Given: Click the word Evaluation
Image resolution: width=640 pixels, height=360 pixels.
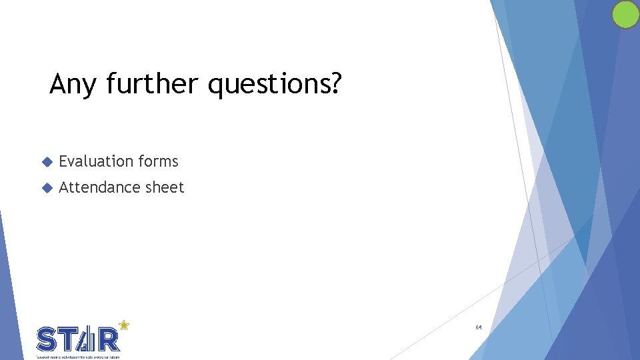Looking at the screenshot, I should [x=96, y=161].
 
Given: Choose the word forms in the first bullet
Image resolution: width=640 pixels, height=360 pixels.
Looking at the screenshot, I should [x=158, y=161].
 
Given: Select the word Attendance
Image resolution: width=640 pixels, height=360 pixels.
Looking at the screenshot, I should [x=98, y=188].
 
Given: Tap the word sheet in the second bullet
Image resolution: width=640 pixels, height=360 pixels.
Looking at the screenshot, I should [x=165, y=188].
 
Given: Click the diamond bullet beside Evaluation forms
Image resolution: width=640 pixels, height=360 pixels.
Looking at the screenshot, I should [x=47, y=162].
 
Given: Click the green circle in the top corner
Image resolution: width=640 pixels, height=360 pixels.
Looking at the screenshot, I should [x=625, y=15].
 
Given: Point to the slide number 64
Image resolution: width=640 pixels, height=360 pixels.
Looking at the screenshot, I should [x=479, y=327].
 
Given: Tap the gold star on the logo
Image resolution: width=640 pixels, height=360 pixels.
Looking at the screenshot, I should [x=123, y=325].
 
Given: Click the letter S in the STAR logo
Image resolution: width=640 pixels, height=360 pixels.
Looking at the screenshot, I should [x=47, y=340].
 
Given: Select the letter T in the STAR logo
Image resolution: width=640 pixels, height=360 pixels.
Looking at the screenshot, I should [x=68, y=340].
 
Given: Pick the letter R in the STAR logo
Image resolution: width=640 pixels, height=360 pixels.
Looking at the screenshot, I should [x=109, y=340].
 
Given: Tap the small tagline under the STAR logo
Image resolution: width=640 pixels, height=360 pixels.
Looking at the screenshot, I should [x=77, y=357].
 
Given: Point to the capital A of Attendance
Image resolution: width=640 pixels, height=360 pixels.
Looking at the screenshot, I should [x=65, y=188].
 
